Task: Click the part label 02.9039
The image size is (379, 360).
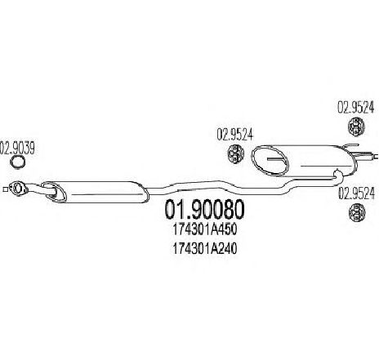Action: (17, 148)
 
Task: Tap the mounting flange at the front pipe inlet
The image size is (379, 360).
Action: (18, 189)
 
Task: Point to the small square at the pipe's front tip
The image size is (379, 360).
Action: (5, 189)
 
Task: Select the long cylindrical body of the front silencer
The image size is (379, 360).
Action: (104, 192)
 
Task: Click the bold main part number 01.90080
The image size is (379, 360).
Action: (204, 210)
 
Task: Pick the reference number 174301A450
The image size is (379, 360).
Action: (205, 230)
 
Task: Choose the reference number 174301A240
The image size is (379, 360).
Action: (205, 248)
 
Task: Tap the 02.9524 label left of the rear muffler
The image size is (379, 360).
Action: (235, 135)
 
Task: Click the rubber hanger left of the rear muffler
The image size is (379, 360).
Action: (235, 154)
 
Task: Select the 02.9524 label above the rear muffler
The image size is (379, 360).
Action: (356, 107)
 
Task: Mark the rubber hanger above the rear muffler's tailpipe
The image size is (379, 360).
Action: (356, 127)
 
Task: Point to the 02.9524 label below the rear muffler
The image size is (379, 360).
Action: (356, 193)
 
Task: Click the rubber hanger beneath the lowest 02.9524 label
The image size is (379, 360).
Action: (357, 212)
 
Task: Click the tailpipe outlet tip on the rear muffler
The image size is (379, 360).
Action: (376, 156)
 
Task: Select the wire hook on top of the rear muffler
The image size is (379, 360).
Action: (351, 145)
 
